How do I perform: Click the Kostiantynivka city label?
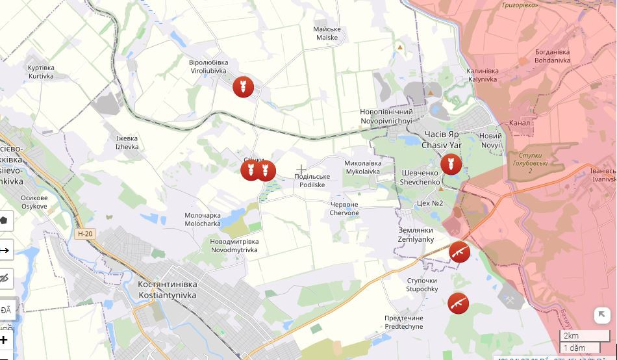[168, 290]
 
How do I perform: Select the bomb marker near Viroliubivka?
[244, 87]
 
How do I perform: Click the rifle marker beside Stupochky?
[459, 303]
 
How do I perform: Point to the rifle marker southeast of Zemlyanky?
[460, 252]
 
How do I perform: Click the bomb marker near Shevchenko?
[451, 164]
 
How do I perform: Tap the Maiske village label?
[327, 33]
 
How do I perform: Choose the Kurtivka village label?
[41, 71]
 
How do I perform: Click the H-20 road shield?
[85, 234]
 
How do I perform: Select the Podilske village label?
[312, 181]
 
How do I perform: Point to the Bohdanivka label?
[552, 56]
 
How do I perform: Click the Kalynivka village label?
[483, 75]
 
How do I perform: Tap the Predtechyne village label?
[403, 322]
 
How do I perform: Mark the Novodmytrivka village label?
[234, 246]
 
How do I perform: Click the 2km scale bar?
[585, 336]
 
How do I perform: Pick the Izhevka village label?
[127, 142]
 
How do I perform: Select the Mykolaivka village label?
[362, 168]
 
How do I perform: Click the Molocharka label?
[203, 219]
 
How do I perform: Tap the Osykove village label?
[34, 202]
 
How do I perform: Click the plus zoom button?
[5, 340]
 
